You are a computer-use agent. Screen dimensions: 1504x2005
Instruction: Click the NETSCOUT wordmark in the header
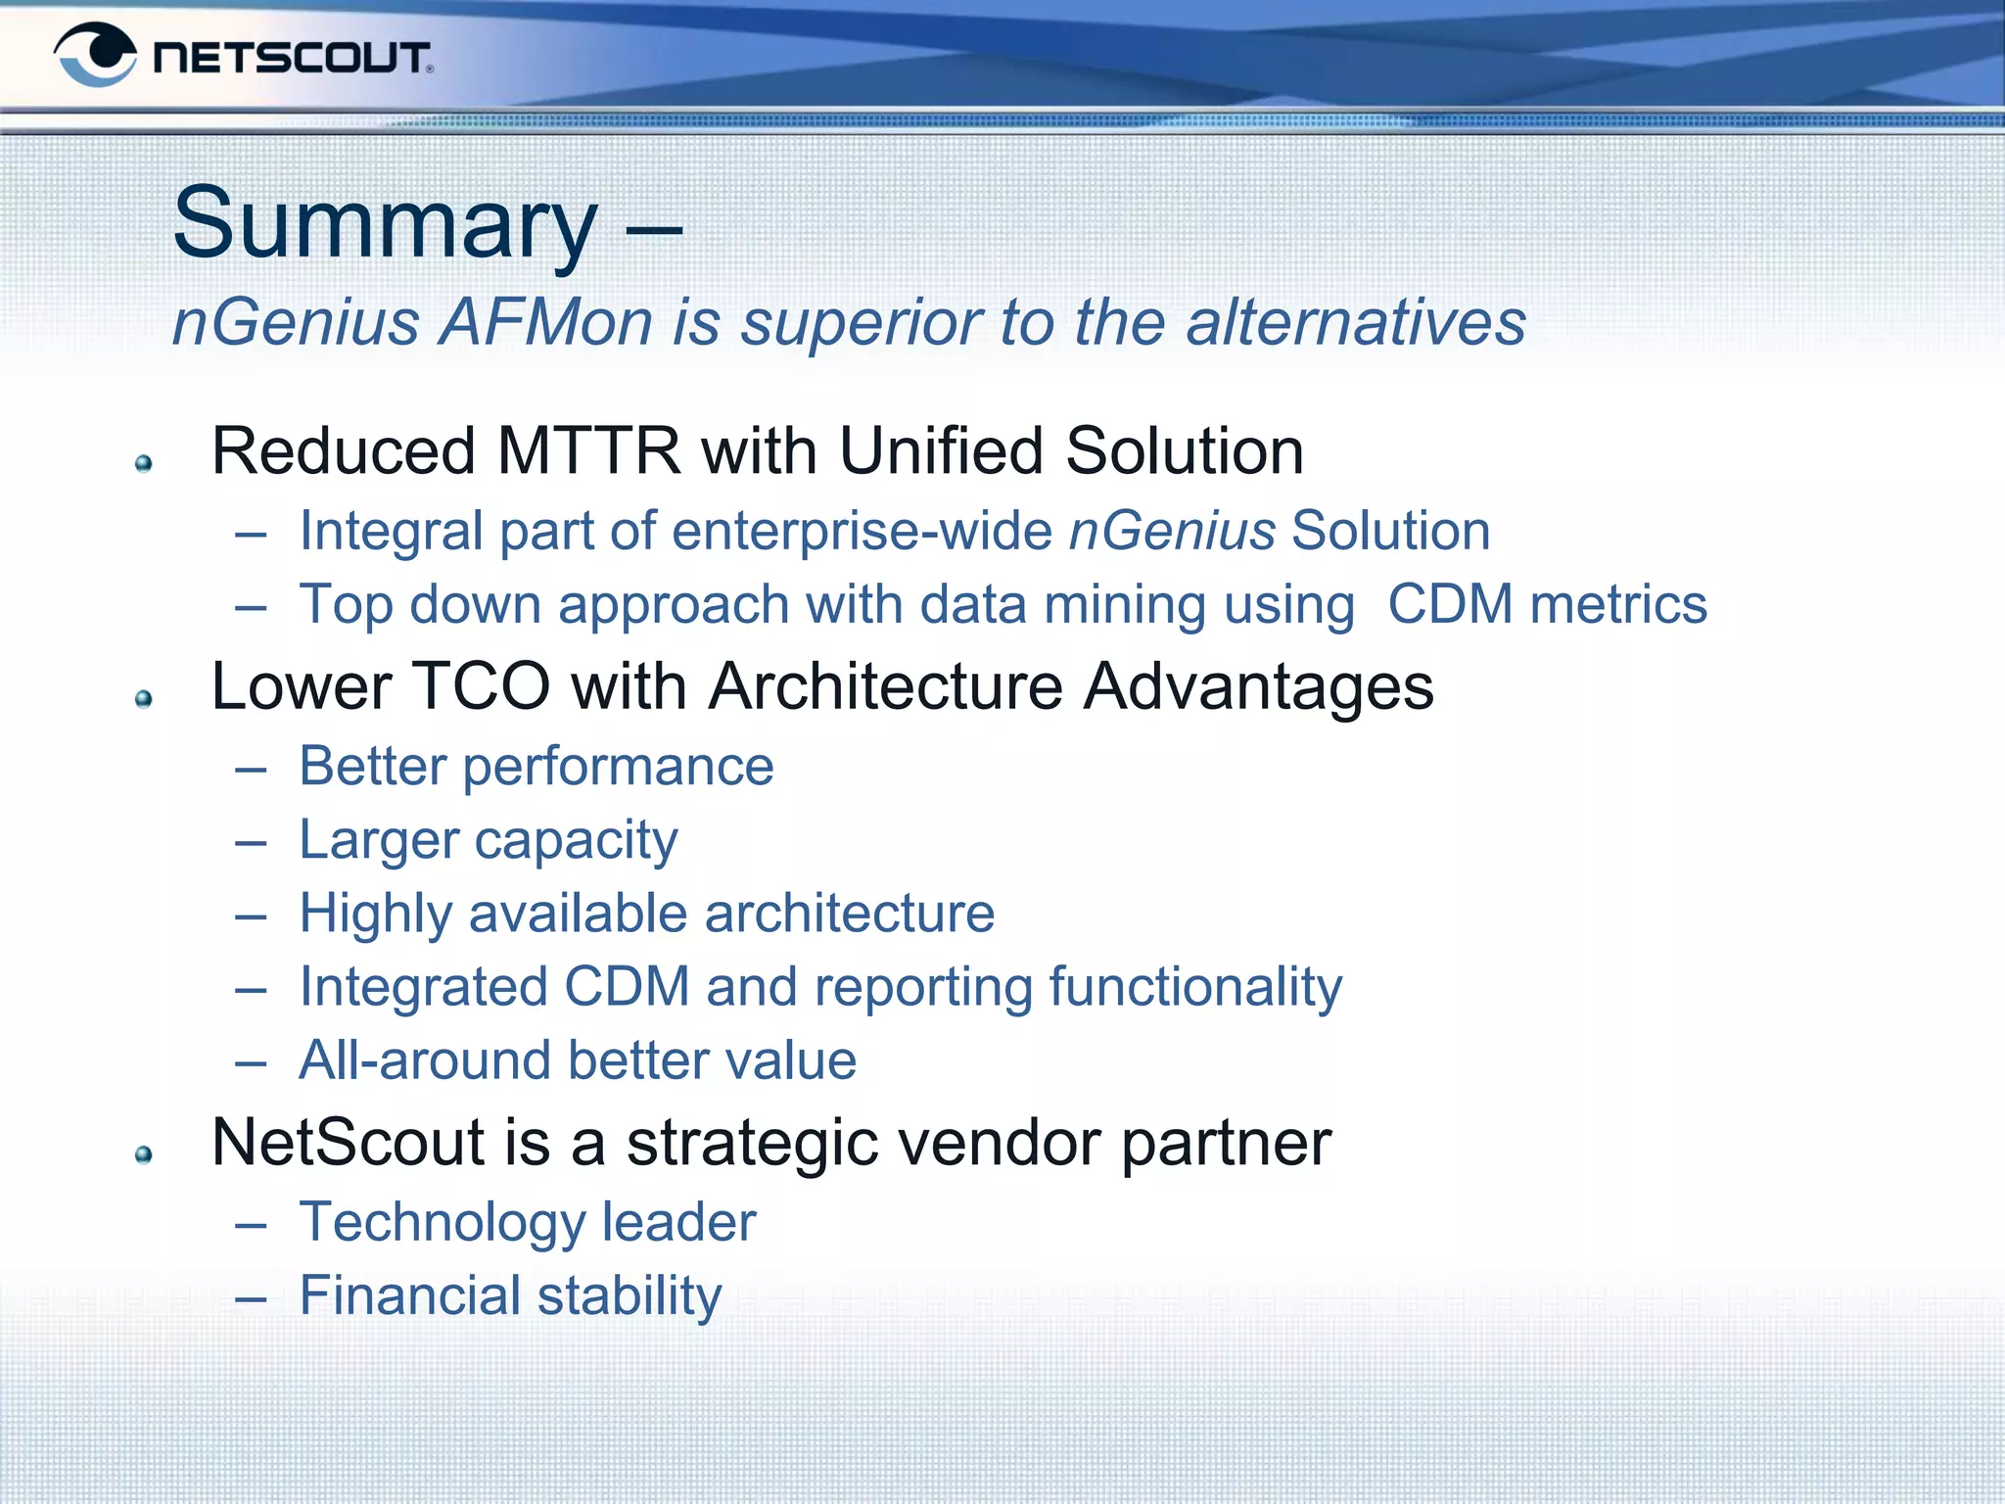click(292, 58)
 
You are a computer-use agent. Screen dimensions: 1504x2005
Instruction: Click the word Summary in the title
click(384, 224)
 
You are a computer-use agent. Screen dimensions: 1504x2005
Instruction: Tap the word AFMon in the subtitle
click(546, 322)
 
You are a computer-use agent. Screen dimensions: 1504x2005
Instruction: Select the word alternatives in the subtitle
click(1356, 322)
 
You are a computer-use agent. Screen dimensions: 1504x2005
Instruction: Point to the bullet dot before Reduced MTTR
click(144, 463)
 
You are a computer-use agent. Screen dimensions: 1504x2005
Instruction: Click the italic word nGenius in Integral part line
click(1172, 531)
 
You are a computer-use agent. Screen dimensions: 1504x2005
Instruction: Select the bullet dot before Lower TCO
click(144, 698)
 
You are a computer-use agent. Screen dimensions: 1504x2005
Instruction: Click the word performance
click(618, 767)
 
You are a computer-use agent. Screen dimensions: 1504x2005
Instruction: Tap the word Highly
click(376, 915)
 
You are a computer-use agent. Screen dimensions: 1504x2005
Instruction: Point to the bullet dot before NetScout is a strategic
click(144, 1154)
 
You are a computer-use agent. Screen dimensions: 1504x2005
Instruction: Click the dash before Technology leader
click(252, 1225)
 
